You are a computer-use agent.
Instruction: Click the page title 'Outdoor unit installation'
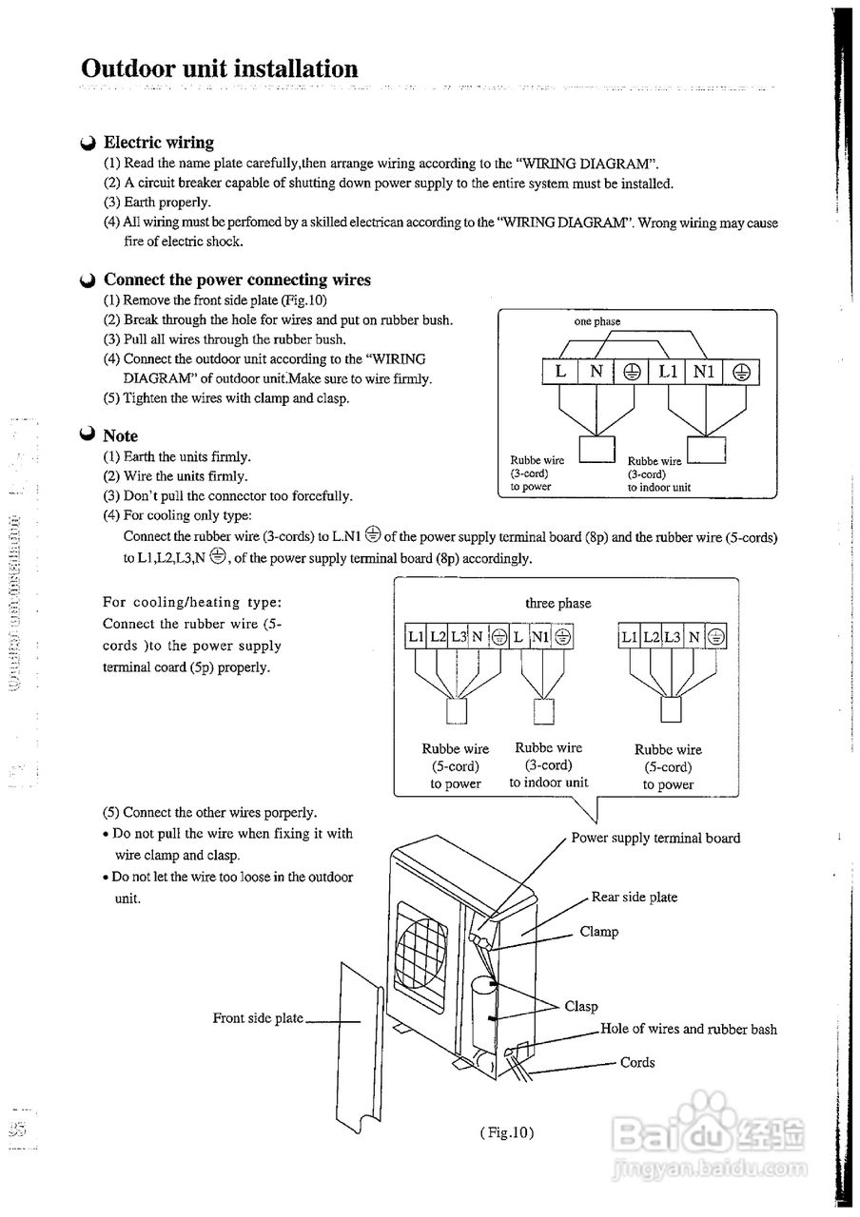[x=220, y=69]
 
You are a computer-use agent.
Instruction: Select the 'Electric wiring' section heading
[x=158, y=143]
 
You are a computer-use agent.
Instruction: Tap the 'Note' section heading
[x=120, y=435]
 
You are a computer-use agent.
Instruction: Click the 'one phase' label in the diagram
[x=596, y=321]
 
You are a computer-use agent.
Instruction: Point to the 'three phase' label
[x=557, y=604]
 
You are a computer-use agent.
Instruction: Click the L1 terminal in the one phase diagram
[x=667, y=372]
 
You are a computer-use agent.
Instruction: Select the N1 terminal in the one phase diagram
[x=703, y=372]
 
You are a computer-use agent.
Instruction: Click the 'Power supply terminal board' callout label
[x=655, y=839]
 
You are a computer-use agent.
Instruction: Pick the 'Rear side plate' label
[x=634, y=898]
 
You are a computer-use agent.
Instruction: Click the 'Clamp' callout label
[x=598, y=933]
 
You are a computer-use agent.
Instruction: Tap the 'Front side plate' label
[x=258, y=1018]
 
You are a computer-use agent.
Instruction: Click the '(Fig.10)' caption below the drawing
[x=507, y=1132]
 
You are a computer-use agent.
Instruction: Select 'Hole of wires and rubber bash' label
[x=688, y=1030]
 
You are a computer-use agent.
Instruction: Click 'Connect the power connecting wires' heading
[x=237, y=280]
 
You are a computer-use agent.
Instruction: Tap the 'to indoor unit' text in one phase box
[x=658, y=487]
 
